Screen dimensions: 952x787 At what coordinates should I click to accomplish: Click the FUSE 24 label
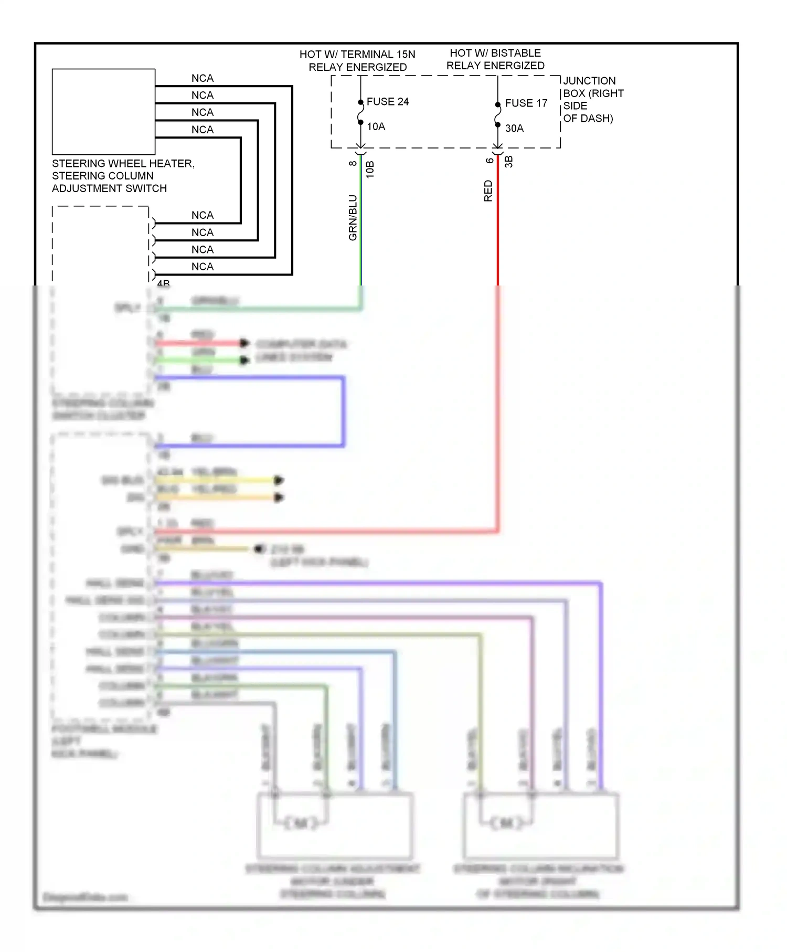tap(387, 101)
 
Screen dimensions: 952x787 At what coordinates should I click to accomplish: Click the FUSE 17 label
tap(526, 103)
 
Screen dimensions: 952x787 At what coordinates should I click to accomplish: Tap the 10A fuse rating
tap(376, 126)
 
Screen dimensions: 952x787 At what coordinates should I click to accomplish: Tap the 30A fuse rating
tap(514, 128)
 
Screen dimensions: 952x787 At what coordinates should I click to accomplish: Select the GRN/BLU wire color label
tap(353, 217)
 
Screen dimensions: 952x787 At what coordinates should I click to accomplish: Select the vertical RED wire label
tap(488, 191)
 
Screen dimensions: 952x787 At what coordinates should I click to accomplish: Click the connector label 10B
tap(370, 170)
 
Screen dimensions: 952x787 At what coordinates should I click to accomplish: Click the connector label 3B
tap(508, 162)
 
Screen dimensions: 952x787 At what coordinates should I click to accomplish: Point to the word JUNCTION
tap(589, 81)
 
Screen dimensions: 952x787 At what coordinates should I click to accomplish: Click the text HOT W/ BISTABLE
tap(495, 53)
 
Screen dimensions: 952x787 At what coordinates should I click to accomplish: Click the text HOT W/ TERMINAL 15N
tap(357, 55)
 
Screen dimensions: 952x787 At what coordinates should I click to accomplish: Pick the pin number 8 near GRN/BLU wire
tap(353, 163)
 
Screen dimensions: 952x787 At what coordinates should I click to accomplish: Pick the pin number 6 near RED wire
tap(489, 161)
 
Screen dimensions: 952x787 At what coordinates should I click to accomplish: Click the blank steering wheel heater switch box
tap(103, 111)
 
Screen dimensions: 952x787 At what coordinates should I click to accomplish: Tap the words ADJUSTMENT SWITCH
tap(109, 188)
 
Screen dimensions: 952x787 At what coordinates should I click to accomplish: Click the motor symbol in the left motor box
tap(301, 822)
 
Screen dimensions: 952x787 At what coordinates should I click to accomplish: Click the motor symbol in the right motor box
tap(506, 822)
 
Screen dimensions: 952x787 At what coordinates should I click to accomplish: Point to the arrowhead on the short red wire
tap(244, 343)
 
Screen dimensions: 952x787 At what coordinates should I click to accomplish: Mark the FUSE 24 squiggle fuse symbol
tap(360, 112)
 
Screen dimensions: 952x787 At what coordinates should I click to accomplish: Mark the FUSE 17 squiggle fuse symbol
tap(497, 114)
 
